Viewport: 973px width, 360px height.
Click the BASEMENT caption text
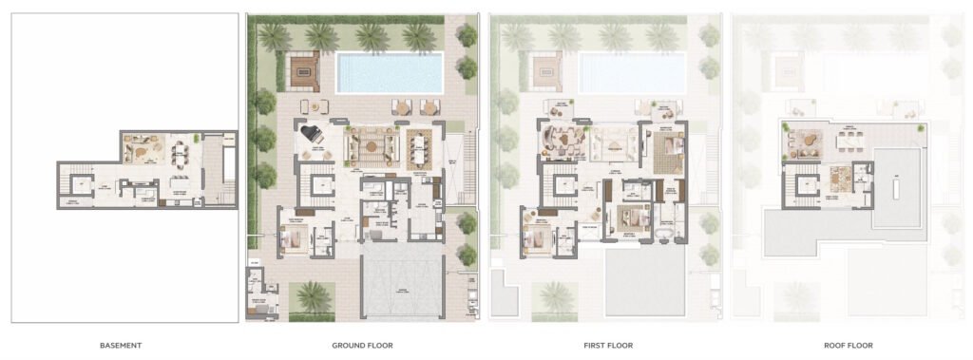121,345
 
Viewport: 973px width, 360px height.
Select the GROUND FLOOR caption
363,345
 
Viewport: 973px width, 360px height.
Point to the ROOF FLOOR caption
848,345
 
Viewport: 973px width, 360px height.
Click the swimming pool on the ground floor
390,72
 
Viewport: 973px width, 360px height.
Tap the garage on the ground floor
399,279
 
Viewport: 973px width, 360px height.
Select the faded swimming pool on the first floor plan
631,72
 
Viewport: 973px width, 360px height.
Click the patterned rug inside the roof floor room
839,178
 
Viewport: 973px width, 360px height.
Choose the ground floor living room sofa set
369,145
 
